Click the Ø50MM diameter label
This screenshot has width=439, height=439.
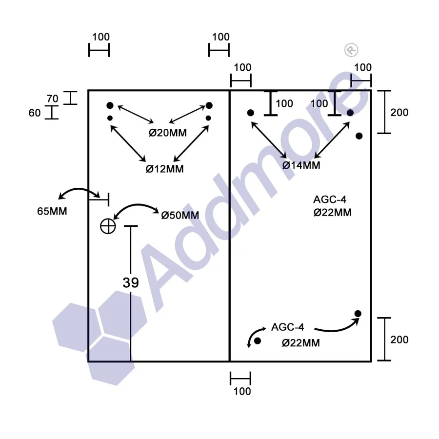[180, 215]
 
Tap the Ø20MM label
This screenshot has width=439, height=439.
[168, 132]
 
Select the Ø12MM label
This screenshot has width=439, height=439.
[165, 169]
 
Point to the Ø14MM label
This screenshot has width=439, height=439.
[301, 165]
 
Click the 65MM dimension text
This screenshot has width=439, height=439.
[52, 211]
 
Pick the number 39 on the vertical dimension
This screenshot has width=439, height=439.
[131, 282]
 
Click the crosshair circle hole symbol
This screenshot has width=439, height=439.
[108, 226]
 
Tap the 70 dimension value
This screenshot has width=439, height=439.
[52, 99]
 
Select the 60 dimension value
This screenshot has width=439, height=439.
[35, 113]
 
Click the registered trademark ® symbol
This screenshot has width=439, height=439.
[351, 50]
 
